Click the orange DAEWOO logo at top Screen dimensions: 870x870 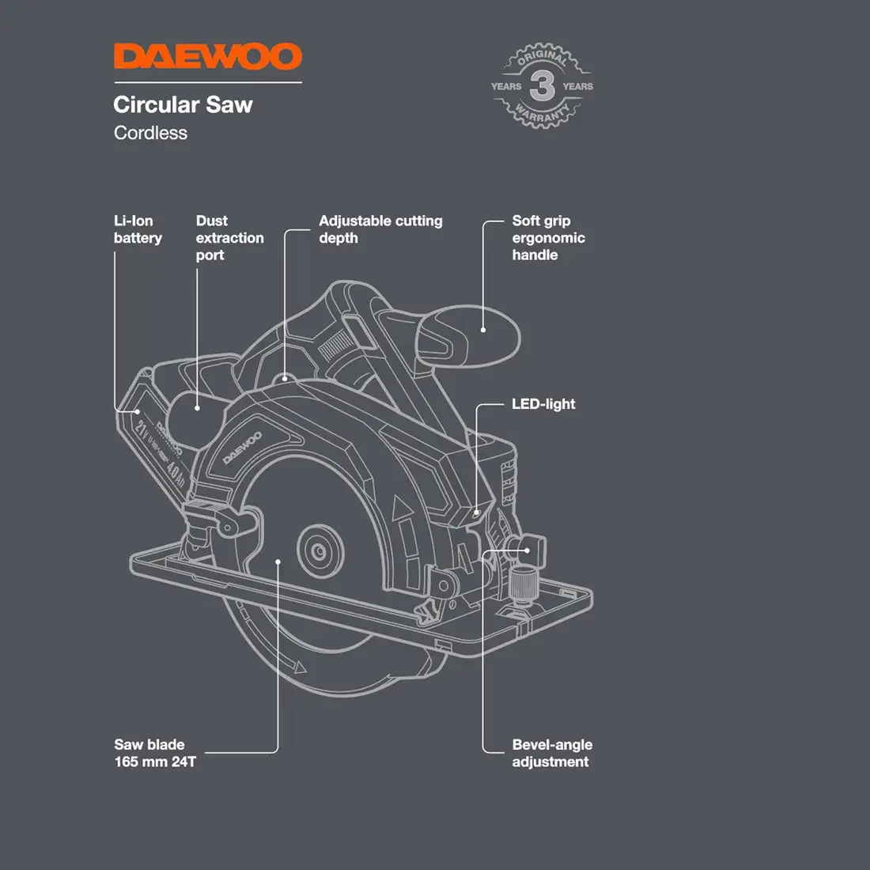click(x=207, y=57)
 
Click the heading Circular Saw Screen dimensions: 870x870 click(x=183, y=104)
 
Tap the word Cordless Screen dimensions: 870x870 click(x=150, y=133)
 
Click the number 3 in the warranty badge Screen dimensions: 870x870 click(x=542, y=85)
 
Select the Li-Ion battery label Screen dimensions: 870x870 click(x=138, y=229)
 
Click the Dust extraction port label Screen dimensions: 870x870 click(x=229, y=237)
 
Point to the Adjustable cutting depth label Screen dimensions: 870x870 click(x=380, y=229)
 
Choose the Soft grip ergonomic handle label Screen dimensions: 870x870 click(x=548, y=237)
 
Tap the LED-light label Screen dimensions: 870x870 click(x=543, y=404)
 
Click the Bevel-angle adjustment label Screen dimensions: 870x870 click(x=551, y=753)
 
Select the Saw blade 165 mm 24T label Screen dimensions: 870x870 click(x=155, y=753)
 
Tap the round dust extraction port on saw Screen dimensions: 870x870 click(x=190, y=411)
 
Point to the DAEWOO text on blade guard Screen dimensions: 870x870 click(x=241, y=448)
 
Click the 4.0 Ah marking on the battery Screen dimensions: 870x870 click(x=176, y=473)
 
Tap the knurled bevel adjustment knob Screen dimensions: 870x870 click(x=523, y=585)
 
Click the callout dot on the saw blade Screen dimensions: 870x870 click(x=278, y=562)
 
